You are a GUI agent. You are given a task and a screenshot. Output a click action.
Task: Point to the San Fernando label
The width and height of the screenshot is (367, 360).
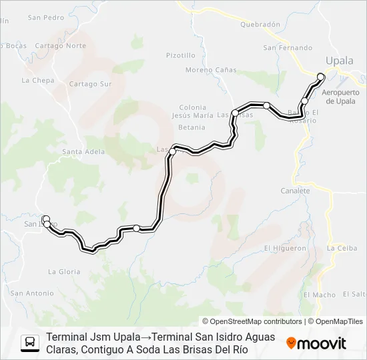click(x=288, y=48)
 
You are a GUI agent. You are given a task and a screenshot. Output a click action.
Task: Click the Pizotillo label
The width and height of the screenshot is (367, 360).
click(x=180, y=55)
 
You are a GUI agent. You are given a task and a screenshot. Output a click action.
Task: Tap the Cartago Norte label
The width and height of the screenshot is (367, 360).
click(x=61, y=46)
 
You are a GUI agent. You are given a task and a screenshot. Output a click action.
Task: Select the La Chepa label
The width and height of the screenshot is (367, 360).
click(x=37, y=81)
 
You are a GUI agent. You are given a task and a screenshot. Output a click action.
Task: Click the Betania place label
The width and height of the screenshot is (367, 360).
click(x=192, y=127)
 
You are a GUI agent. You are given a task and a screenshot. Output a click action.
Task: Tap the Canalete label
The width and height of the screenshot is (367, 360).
click(x=296, y=191)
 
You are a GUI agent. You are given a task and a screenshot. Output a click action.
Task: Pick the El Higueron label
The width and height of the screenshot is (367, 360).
click(x=285, y=248)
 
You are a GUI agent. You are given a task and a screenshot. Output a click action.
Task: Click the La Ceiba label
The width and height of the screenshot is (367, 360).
click(x=342, y=248)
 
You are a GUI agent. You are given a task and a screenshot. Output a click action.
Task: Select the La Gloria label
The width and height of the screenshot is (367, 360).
click(x=64, y=271)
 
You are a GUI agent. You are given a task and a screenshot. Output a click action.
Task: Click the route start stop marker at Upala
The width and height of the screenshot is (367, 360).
click(x=321, y=76)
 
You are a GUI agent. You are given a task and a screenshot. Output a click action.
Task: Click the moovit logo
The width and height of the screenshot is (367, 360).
click(x=316, y=343)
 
